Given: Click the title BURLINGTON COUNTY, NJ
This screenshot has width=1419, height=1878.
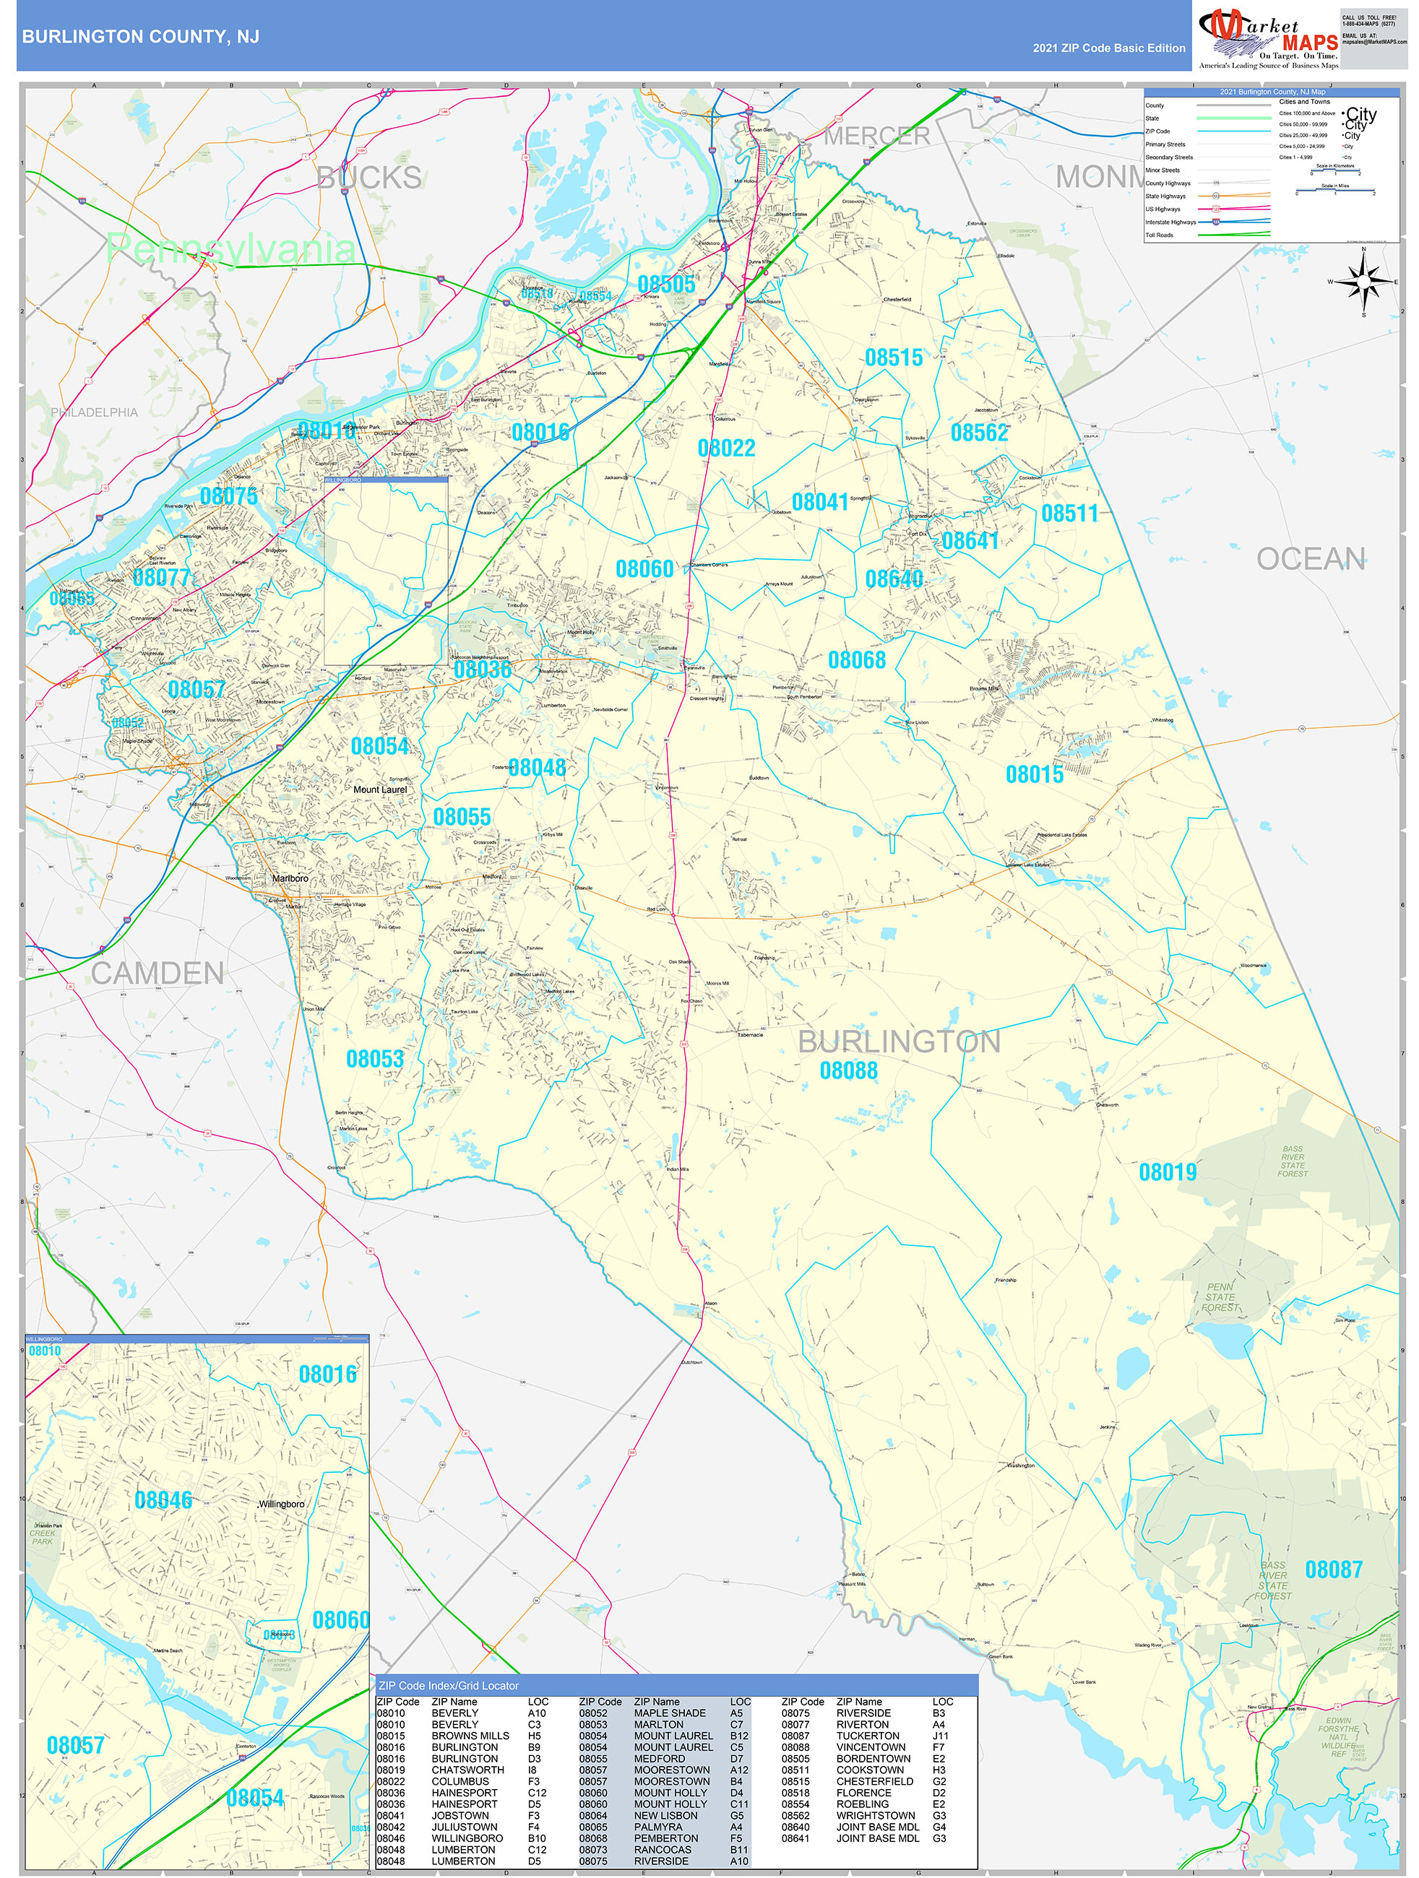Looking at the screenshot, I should point(140,37).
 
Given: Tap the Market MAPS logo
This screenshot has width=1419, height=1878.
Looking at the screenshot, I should point(1267,38).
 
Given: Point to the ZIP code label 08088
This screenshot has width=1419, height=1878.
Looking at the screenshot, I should point(847,1070).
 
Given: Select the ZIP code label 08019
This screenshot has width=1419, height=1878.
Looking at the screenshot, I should point(1167,1172).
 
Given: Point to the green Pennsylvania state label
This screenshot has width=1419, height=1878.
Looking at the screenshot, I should point(230,248).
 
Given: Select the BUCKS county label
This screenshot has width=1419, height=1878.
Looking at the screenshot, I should point(368,178).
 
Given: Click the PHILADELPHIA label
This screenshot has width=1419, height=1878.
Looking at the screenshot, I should point(93,412).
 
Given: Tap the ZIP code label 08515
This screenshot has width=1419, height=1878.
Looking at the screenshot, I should point(893,358).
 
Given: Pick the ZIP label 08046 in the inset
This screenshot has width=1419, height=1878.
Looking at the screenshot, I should point(163,1500).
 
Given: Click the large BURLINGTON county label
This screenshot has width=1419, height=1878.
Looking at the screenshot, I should point(899,1042).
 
